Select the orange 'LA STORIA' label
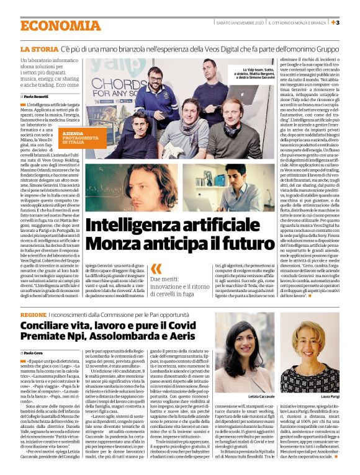(39, 48)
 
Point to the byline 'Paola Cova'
(34, 352)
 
